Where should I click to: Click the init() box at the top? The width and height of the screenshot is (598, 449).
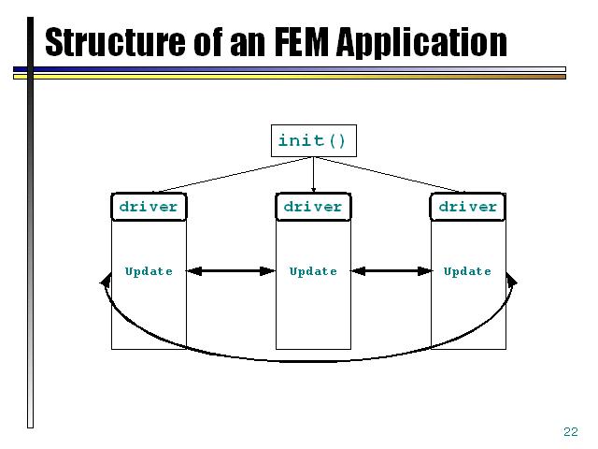click(312, 141)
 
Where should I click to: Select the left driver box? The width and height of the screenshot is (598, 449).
click(149, 207)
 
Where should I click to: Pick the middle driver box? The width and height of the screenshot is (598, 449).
click(313, 207)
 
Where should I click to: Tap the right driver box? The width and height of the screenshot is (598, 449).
click(468, 207)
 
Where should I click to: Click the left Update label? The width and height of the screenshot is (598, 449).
click(149, 271)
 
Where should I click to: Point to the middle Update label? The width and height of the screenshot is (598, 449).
click(313, 271)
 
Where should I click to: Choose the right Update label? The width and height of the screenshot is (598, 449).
click(467, 271)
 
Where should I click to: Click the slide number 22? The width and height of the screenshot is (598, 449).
click(571, 431)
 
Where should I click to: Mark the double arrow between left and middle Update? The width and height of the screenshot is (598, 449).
click(231, 271)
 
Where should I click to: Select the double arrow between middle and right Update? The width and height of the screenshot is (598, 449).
click(391, 271)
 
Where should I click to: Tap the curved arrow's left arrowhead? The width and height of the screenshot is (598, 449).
click(104, 280)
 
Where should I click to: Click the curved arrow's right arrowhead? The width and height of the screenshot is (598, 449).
click(511, 280)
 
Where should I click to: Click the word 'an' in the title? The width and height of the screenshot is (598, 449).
click(239, 42)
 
